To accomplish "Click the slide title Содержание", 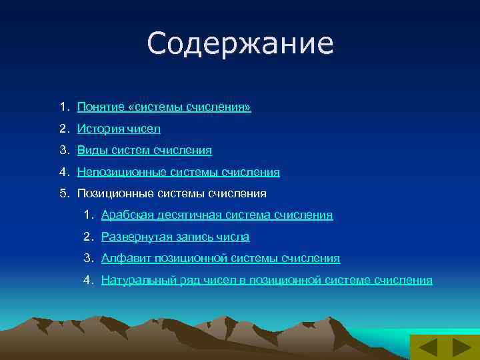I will pos(240,44).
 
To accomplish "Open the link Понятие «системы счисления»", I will pos(164,107).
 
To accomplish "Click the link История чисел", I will pos(119,129).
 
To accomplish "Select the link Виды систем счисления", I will pos(145,151).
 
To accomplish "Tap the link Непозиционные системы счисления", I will pos(178,172).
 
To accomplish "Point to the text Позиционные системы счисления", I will pos(171,193).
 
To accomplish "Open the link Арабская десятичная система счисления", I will pos(217,215).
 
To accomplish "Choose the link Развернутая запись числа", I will pos(175,237).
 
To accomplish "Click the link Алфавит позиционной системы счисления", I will pos(220,258).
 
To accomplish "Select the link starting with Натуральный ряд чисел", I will pos(267,280).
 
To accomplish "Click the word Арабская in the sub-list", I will pos(125,215).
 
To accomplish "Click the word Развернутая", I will pos(133,237).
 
